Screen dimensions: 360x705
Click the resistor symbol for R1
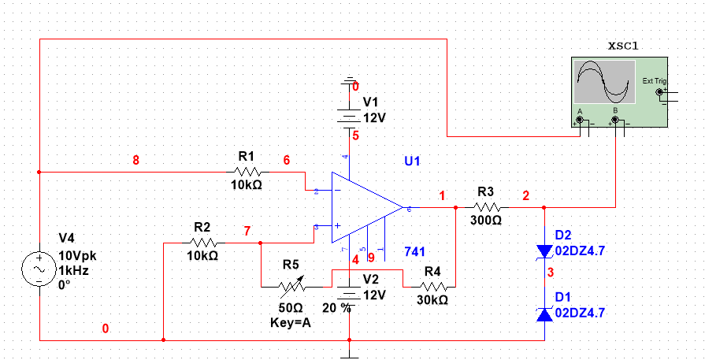(x=248, y=172)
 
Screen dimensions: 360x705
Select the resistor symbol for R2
(x=202, y=243)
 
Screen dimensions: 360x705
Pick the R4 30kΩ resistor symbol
(x=432, y=286)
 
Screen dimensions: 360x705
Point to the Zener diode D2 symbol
(x=544, y=251)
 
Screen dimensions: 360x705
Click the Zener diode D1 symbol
(x=544, y=315)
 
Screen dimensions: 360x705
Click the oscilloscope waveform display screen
(x=604, y=84)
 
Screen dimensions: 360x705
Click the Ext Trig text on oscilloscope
(x=654, y=80)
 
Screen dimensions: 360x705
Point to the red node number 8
(x=135, y=160)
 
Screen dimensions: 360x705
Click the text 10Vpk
(x=77, y=256)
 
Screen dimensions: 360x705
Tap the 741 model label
(x=414, y=251)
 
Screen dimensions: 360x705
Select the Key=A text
(x=291, y=321)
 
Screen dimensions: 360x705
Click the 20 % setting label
(x=336, y=308)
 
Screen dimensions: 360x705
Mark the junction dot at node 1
(x=456, y=208)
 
